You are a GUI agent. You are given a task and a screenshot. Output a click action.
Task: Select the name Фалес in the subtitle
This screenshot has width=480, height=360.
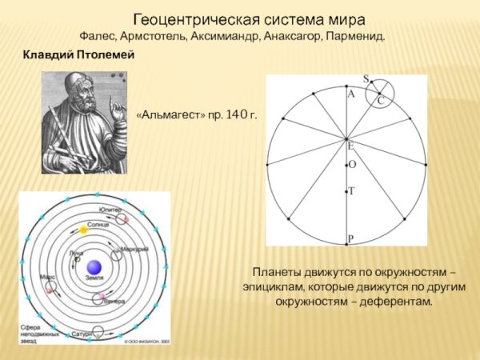click(98, 37)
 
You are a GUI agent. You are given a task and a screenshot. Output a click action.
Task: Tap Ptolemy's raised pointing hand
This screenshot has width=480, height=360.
click(117, 112)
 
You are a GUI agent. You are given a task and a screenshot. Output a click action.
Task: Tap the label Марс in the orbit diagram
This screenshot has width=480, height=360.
click(46, 276)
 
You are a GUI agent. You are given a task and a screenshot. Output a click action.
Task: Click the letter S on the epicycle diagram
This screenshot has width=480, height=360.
click(366, 79)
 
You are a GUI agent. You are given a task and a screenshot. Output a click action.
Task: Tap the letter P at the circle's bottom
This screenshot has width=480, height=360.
click(350, 239)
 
